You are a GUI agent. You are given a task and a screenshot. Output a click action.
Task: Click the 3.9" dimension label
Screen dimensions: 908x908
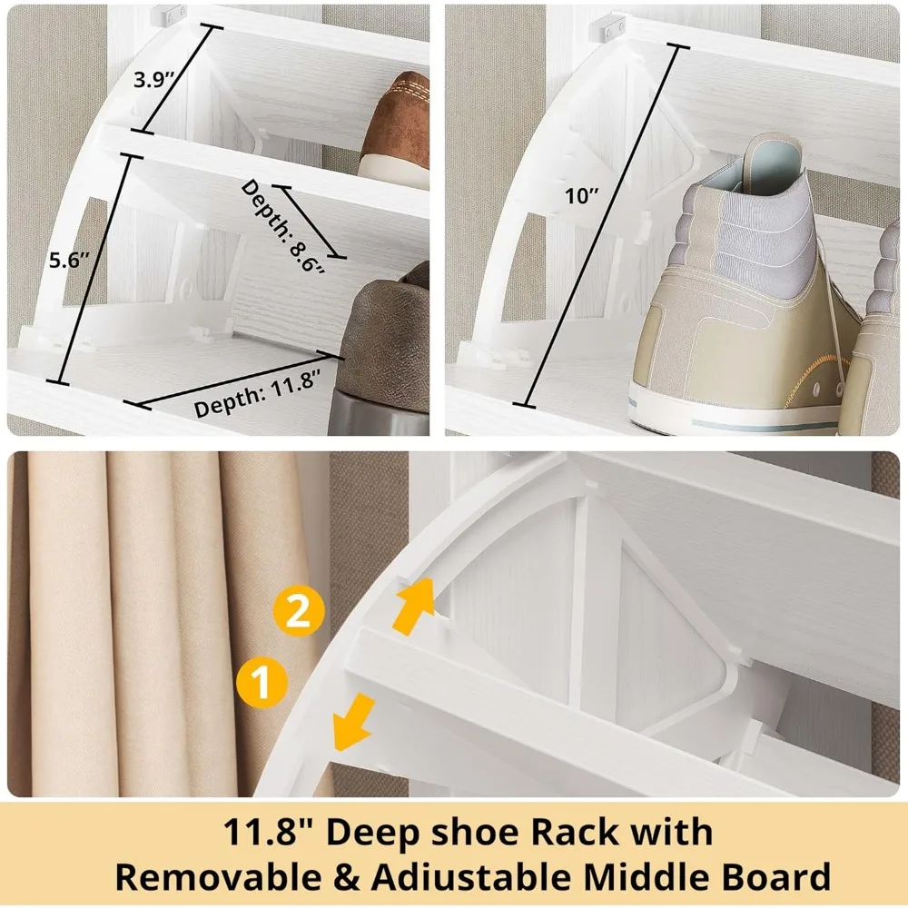[x=153, y=79]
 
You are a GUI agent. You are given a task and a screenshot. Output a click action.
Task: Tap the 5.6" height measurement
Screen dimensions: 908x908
[x=69, y=261]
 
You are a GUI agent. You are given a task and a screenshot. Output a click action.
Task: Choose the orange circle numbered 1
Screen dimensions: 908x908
[x=262, y=681]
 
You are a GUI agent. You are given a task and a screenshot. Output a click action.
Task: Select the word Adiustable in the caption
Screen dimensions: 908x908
[x=453, y=878]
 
